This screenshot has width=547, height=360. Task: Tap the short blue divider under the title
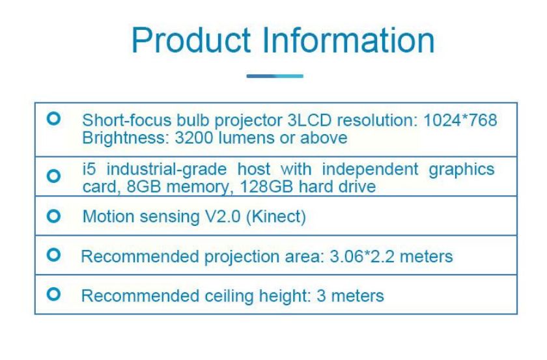275,76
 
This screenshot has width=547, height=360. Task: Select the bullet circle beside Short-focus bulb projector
53,118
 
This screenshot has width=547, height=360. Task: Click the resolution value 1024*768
460,120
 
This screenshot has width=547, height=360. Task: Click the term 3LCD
309,120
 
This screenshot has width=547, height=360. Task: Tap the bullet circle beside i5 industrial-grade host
53,176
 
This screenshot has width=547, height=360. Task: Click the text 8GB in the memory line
144,187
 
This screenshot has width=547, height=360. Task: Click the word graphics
462,170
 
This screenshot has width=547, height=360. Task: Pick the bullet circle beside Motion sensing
53,216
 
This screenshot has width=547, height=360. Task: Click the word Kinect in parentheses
276,217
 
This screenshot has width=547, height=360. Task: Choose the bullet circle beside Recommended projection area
53,255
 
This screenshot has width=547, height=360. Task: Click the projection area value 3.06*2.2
362,256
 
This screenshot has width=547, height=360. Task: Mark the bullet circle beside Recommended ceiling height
53,294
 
